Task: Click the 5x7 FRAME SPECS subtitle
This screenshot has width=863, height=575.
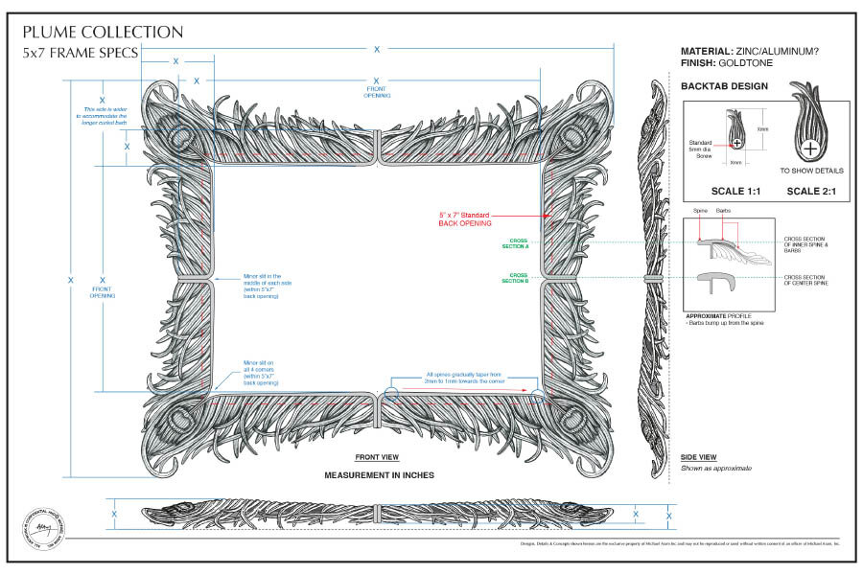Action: [x=81, y=54]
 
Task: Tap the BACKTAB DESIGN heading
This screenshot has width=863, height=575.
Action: [x=725, y=86]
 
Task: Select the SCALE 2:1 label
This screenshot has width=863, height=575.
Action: [x=812, y=190]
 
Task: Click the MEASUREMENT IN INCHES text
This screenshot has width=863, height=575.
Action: [x=379, y=475]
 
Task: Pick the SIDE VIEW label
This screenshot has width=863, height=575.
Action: [x=698, y=457]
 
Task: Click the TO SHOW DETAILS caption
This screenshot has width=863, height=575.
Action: [x=811, y=171]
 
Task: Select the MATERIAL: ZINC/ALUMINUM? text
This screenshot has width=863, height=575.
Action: [x=756, y=50]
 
